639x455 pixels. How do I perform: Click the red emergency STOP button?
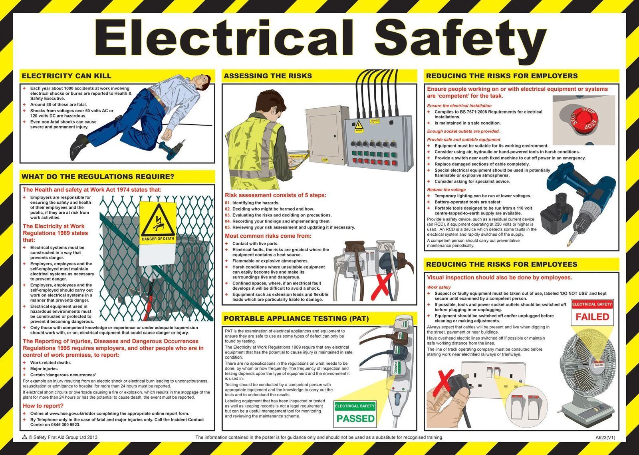(584, 120)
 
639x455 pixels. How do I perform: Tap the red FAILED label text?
(592, 317)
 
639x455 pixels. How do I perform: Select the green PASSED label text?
(355, 418)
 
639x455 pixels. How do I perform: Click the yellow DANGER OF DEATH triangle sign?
(158, 223)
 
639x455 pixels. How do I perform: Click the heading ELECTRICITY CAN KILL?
(66, 76)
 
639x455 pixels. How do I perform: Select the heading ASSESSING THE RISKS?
(268, 76)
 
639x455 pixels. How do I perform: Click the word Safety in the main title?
(460, 38)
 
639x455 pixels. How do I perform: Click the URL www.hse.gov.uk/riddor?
(71, 413)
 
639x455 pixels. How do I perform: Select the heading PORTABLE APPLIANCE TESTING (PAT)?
(296, 318)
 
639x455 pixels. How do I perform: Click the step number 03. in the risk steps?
(228, 215)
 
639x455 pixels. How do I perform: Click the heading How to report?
(43, 405)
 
